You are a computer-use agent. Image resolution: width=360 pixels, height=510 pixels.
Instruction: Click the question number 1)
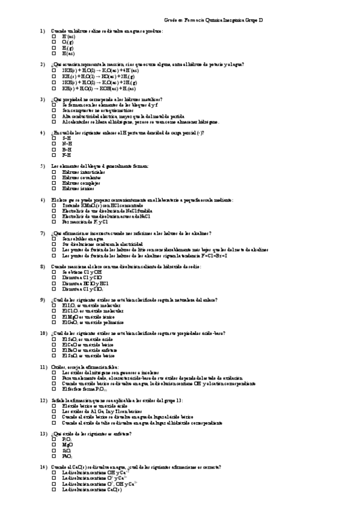click(43, 31)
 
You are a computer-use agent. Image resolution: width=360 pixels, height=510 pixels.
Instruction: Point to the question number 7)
click(43, 233)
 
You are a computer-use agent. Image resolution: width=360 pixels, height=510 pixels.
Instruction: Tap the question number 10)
click(44, 333)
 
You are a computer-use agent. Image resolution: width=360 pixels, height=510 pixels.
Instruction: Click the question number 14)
click(44, 467)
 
